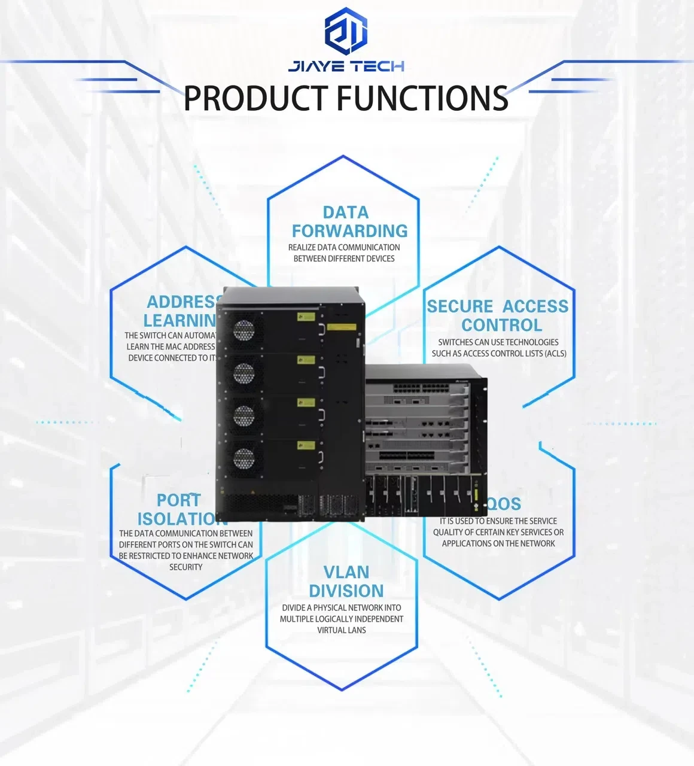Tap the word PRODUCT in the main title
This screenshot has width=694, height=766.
point(255,99)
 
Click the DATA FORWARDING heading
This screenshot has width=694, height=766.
point(349,221)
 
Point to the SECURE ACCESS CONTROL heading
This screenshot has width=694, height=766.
point(498,315)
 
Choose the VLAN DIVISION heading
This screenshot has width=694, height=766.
point(346,582)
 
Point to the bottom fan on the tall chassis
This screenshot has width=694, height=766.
point(243,459)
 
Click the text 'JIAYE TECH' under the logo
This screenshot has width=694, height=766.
point(346,66)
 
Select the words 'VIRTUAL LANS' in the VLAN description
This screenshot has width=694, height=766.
point(342,630)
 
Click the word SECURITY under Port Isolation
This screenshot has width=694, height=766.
point(185,567)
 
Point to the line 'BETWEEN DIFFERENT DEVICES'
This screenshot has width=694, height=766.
point(344,259)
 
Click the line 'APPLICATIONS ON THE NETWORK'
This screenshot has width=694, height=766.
point(498,543)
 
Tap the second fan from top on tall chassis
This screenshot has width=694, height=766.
point(243,373)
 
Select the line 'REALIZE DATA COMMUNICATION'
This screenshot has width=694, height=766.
point(344,247)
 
